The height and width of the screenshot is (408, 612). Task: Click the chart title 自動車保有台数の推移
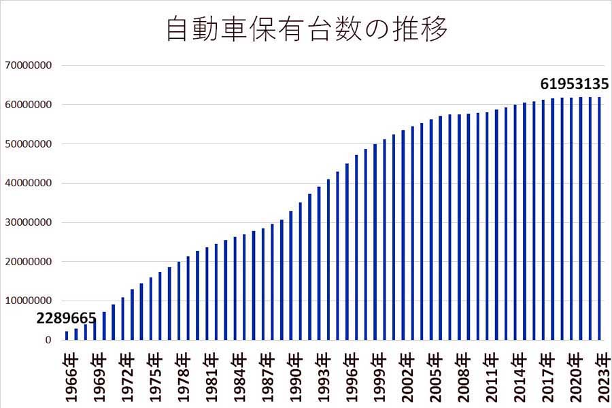click(x=307, y=30)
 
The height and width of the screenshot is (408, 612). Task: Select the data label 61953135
click(x=574, y=84)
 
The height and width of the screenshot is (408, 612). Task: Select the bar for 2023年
click(x=600, y=218)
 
